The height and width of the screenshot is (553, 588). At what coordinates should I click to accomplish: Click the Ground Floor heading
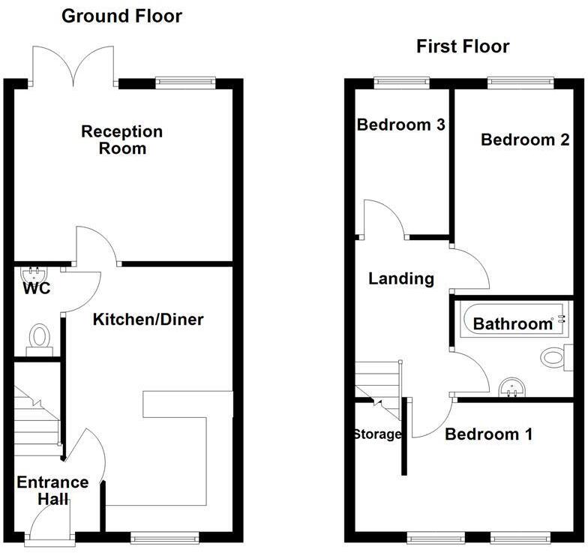(x=121, y=16)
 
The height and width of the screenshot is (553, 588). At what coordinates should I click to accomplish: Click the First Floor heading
(x=463, y=47)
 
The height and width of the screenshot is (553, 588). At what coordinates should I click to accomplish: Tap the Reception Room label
(x=121, y=140)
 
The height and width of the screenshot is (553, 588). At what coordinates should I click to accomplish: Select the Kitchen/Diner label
(x=148, y=320)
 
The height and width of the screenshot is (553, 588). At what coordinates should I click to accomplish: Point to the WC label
(x=36, y=288)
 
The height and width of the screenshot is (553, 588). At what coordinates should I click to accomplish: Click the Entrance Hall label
(x=52, y=491)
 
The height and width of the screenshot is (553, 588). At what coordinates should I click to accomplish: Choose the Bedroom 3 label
(x=400, y=125)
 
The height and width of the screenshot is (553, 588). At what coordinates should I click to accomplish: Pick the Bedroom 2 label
(x=525, y=140)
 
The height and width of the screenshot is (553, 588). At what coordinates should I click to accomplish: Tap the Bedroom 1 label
(x=488, y=434)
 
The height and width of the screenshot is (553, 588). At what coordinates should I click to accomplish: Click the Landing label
(x=401, y=279)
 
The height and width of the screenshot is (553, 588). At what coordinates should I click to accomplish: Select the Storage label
(x=377, y=434)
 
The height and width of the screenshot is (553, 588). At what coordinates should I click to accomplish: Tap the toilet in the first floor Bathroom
(x=554, y=356)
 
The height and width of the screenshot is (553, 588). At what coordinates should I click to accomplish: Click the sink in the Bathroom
(x=514, y=386)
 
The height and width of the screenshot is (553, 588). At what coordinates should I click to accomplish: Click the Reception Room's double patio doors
(x=73, y=64)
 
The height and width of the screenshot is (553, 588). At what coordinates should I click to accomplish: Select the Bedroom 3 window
(x=397, y=81)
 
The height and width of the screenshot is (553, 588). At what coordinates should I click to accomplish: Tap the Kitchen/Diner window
(x=164, y=537)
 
